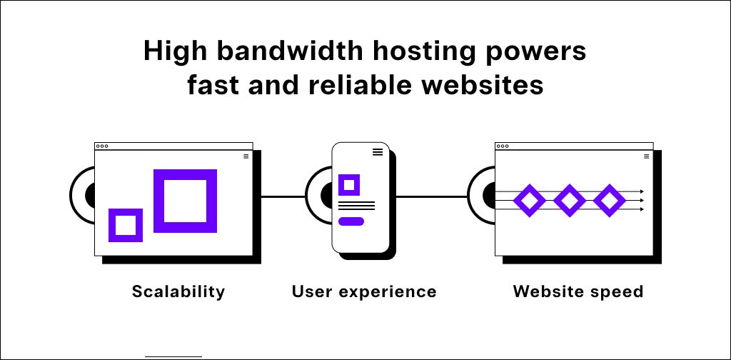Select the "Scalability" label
tap(178, 291)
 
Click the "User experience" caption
tap(364, 291)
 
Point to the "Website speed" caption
tap(578, 291)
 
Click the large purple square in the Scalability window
tap(186, 201)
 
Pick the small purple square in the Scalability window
tap(126, 225)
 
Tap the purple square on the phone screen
tap(348, 185)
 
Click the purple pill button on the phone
tap(351, 221)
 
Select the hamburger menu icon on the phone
tap(378, 152)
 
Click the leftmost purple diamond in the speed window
tap(529, 201)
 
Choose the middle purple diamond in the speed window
tap(569, 201)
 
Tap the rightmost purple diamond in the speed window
tap(609, 201)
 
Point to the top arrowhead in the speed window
tap(642, 192)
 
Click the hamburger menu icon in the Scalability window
tap(246, 156)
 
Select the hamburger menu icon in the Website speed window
tap(647, 156)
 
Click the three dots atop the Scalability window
tap(102, 146)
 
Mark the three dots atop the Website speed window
tap(503, 146)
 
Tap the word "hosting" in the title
tap(407, 52)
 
